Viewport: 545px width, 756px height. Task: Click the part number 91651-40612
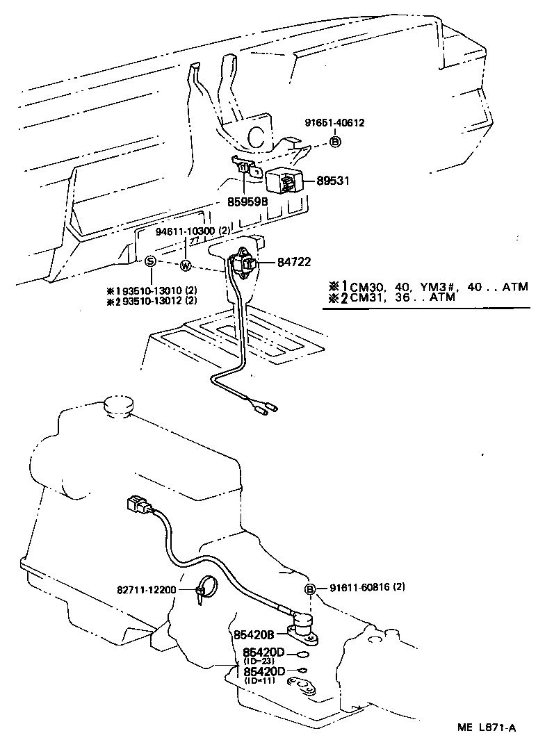pyautogui.click(x=334, y=123)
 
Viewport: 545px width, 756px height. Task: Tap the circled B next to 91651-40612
pyautogui.click(x=335, y=142)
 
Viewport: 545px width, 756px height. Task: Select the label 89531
pyautogui.click(x=334, y=181)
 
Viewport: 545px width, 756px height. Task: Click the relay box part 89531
pyautogui.click(x=285, y=181)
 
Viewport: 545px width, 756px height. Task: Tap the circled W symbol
pyautogui.click(x=186, y=265)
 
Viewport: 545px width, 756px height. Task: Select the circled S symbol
pyautogui.click(x=149, y=262)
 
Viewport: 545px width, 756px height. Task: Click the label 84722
pyautogui.click(x=293, y=262)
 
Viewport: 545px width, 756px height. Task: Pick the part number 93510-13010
pyautogui.click(x=148, y=290)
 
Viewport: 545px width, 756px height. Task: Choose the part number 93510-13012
pyautogui.click(x=148, y=301)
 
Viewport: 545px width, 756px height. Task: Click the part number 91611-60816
pyautogui.click(x=355, y=588)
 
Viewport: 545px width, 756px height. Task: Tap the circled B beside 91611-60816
pyautogui.click(x=310, y=589)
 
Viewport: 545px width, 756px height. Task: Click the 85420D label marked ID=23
pyautogui.click(x=264, y=652)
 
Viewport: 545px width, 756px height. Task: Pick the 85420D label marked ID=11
pyautogui.click(x=264, y=671)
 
